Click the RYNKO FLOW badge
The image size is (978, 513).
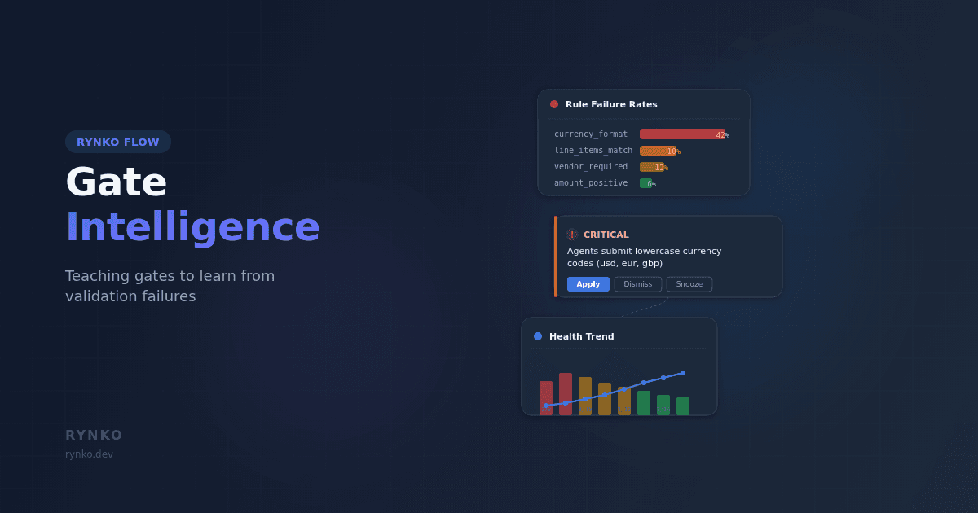pos(118,142)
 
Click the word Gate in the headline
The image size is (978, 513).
pos(116,182)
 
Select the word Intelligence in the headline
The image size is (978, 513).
pos(192,227)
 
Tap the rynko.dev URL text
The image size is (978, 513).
pos(89,454)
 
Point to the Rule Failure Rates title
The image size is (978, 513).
pos(611,104)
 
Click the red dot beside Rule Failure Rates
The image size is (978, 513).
pos(554,104)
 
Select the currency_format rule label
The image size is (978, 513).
pos(591,134)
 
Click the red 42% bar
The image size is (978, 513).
pos(681,134)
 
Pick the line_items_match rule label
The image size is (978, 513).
pos(593,151)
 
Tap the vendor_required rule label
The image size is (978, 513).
pos(591,167)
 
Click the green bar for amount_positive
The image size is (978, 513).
pos(645,183)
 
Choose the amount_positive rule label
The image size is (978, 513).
pos(591,183)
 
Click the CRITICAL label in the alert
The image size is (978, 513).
pos(606,235)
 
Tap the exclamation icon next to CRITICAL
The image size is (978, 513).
pos(572,235)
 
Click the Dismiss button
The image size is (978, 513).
pos(638,284)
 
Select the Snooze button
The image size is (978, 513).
pos(689,284)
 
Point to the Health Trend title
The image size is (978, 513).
pos(582,336)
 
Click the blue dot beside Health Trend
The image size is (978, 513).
pos(538,336)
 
